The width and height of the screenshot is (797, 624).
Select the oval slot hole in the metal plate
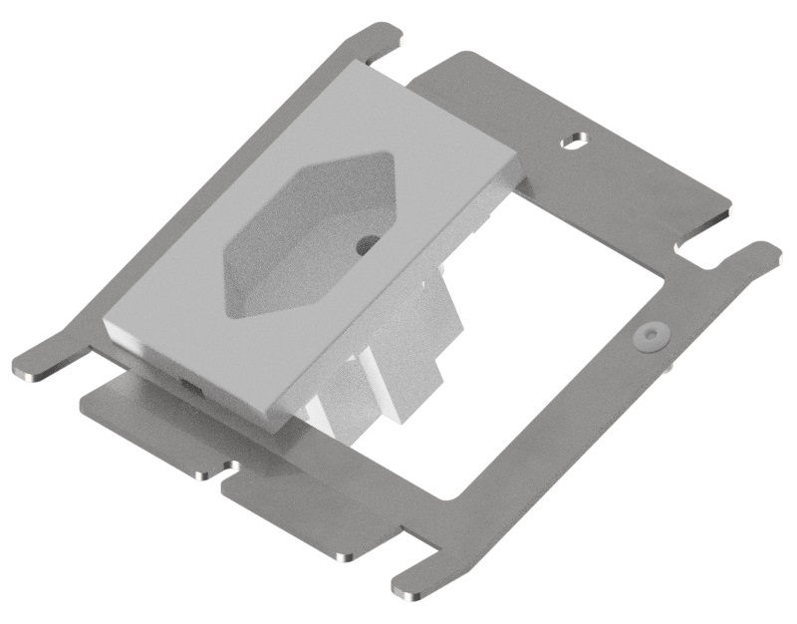tap(574, 143)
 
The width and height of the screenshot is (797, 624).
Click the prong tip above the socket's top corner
tap(384, 35)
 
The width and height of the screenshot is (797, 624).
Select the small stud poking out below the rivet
tap(665, 364)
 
